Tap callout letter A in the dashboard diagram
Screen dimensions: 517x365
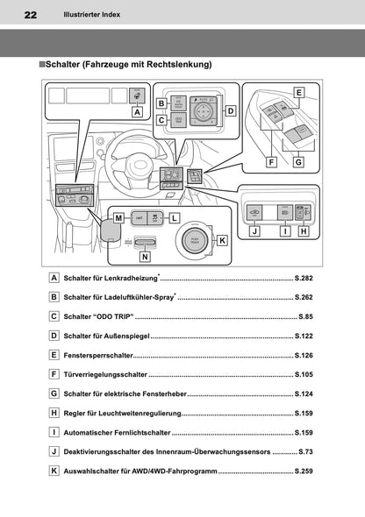pyautogui.click(x=137, y=112)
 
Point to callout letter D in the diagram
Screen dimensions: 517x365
pyautogui.click(x=231, y=111)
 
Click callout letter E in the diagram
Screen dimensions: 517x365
pyautogui.click(x=298, y=92)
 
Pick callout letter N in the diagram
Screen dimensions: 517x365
pyautogui.click(x=144, y=257)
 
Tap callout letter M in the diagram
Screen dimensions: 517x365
pyautogui.click(x=117, y=216)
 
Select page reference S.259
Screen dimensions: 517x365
pyautogui.click(x=304, y=471)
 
